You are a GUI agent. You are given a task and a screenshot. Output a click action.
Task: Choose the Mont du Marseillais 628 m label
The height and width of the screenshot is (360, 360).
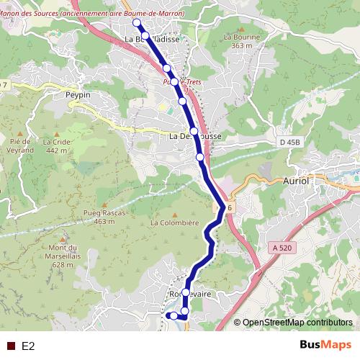[63, 254]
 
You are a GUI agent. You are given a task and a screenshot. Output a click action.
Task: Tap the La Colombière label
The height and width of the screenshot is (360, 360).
[174, 223]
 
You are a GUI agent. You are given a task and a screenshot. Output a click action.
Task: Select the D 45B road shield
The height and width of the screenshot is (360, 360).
[289, 143]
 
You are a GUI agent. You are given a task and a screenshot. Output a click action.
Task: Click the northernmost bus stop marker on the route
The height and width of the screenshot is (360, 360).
[137, 23]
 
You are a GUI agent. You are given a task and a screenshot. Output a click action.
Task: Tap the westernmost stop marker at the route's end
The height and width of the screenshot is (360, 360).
[173, 315]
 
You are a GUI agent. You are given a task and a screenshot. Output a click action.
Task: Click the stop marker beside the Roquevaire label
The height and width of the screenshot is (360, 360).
[186, 292]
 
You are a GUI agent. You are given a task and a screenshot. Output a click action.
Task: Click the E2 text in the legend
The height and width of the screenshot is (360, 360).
[28, 346]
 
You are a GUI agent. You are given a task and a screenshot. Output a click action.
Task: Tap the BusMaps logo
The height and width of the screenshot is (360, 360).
[325, 345]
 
